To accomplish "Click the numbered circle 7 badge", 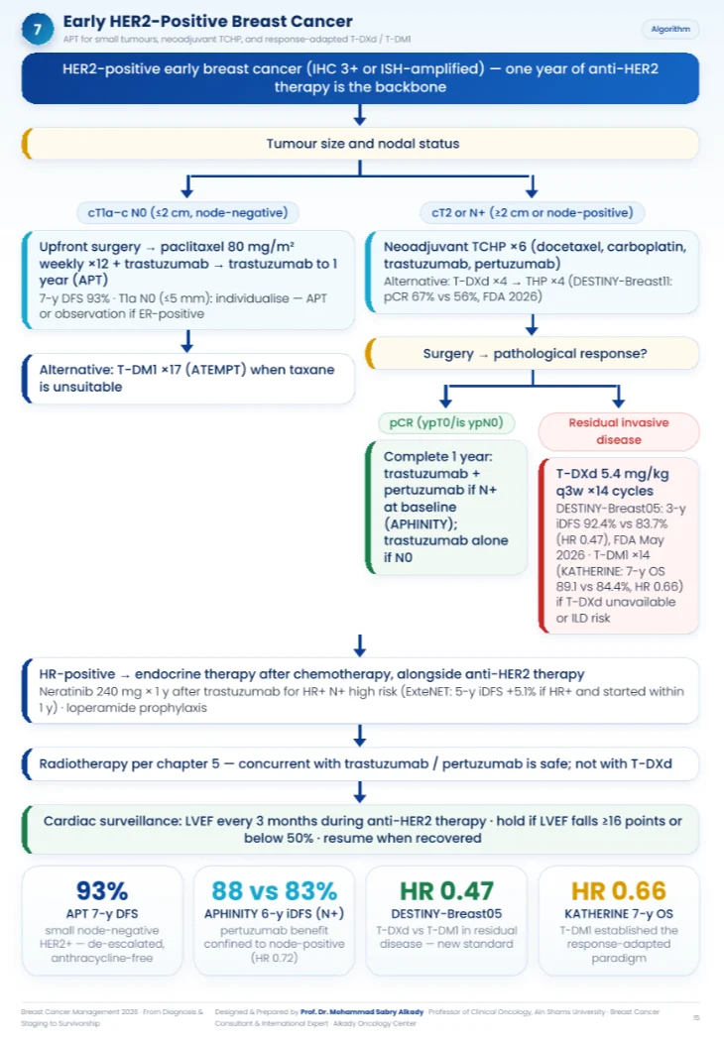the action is pyautogui.click(x=38, y=29).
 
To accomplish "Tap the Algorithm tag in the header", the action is pyautogui.click(x=670, y=29).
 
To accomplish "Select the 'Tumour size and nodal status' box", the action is pyautogui.click(x=360, y=144).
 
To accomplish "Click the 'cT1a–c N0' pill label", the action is pyautogui.click(x=187, y=213).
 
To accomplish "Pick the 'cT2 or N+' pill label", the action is pyautogui.click(x=533, y=213).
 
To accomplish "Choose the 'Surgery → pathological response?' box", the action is pyautogui.click(x=533, y=353).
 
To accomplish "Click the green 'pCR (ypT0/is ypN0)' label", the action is pyautogui.click(x=446, y=422).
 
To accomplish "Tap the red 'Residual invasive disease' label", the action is pyautogui.click(x=619, y=431).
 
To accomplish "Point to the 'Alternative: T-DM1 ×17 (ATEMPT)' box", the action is pyautogui.click(x=188, y=379).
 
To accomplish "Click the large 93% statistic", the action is pyautogui.click(x=102, y=890).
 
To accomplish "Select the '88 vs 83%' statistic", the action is pyautogui.click(x=274, y=890).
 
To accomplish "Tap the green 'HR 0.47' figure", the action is pyautogui.click(x=446, y=890).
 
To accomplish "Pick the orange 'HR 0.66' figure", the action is pyautogui.click(x=619, y=890).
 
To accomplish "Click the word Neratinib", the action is pyautogui.click(x=64, y=692).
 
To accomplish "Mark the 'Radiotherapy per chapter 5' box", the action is pyautogui.click(x=360, y=763).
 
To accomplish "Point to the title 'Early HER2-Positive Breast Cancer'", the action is pyautogui.click(x=207, y=21).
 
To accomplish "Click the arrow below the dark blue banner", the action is pyautogui.click(x=360, y=114).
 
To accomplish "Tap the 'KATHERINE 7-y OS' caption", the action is pyautogui.click(x=619, y=914).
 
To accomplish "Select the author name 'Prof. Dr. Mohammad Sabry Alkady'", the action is pyautogui.click(x=362, y=1011).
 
